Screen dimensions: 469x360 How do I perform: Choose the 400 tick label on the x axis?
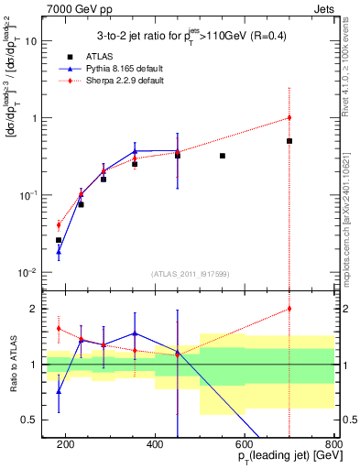coord(155,444)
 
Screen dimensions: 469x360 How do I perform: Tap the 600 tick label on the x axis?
coord(245,444)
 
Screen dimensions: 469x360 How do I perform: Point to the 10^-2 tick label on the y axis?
coord(29,272)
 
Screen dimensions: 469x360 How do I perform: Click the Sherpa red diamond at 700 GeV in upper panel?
coord(289,117)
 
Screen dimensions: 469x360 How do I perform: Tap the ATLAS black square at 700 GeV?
coord(289,141)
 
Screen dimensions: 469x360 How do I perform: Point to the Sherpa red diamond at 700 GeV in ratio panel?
coord(289,309)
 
